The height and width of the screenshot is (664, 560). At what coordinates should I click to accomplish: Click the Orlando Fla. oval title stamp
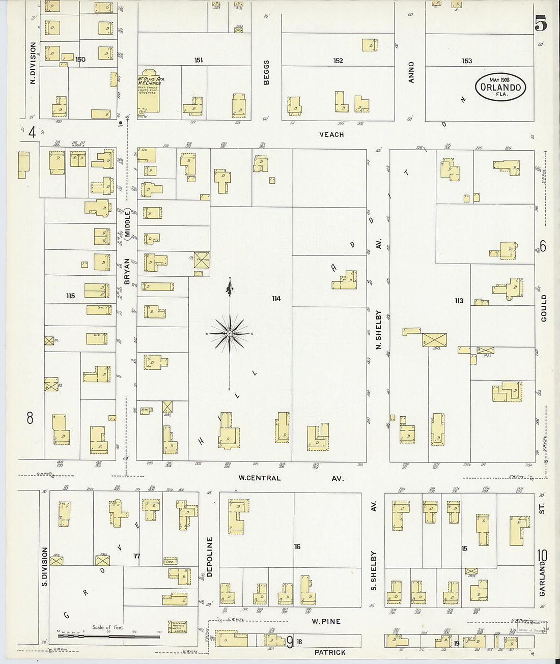pyautogui.click(x=500, y=87)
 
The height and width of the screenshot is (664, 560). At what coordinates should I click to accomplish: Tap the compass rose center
pyautogui.click(x=230, y=334)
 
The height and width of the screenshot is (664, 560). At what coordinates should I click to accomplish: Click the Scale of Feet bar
pyautogui.click(x=108, y=635)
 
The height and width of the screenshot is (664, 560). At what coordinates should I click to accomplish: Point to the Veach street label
pyautogui.click(x=331, y=135)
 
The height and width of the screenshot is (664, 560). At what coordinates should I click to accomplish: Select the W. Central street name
pyautogui.click(x=260, y=478)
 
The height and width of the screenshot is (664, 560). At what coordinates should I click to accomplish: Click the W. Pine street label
pyautogui.click(x=326, y=621)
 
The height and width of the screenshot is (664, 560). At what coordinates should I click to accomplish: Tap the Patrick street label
pyautogui.click(x=330, y=652)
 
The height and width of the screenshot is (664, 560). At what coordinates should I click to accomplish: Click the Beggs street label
pyautogui.click(x=266, y=72)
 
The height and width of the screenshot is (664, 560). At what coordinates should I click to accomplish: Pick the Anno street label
pyautogui.click(x=411, y=72)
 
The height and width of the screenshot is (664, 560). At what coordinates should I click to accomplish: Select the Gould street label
pyautogui.click(x=544, y=308)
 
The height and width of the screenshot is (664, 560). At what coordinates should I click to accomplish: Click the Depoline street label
pyautogui.click(x=209, y=557)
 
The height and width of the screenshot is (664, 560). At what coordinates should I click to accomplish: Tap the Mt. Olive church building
pyautogui.click(x=148, y=92)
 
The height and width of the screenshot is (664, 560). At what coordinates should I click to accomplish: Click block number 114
pyautogui.click(x=276, y=299)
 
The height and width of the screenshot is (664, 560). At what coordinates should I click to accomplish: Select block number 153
pyautogui.click(x=467, y=61)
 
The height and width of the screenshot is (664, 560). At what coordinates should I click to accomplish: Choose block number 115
pyautogui.click(x=70, y=296)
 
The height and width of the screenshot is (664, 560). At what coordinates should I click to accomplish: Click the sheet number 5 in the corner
pyautogui.click(x=541, y=23)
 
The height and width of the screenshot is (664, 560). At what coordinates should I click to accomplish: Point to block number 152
pyautogui.click(x=338, y=61)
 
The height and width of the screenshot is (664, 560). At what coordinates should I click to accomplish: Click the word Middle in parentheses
pyautogui.click(x=127, y=224)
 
